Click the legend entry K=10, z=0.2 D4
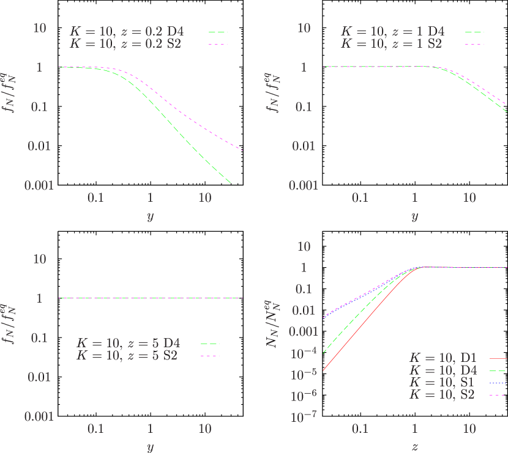coord(125,31)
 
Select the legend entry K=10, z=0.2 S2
coord(125,44)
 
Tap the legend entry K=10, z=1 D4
coord(392,31)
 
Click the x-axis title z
coord(415,447)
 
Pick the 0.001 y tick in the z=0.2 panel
coord(39,185)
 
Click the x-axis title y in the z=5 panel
coord(150,447)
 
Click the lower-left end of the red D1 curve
coord(324,370)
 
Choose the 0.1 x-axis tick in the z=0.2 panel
coord(95,198)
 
